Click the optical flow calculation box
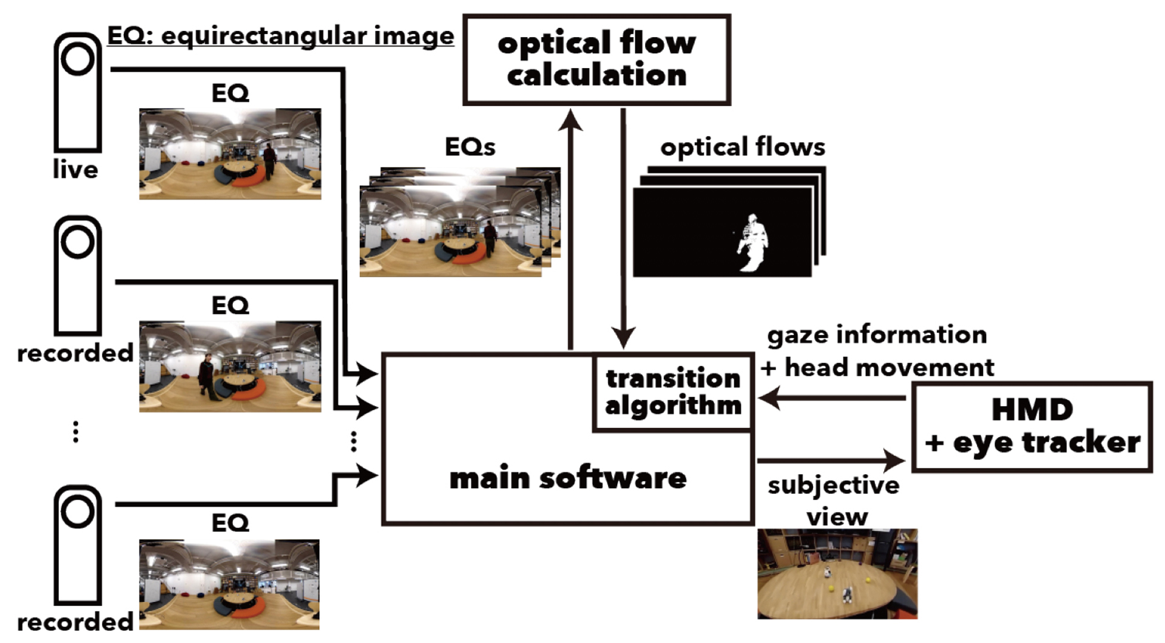coord(596,60)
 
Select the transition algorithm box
coord(673,392)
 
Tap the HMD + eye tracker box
coord(1032,426)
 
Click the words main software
coord(568,478)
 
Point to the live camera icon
coord(78,91)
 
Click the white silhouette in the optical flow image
coord(752,243)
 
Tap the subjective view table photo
coord(837,574)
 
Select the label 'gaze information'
coord(877,335)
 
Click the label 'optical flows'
coord(743,147)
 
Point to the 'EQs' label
coord(470,147)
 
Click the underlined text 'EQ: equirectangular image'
coord(280,36)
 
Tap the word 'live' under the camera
coord(75,169)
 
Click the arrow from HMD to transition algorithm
coord(831,399)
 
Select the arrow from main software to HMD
coord(831,460)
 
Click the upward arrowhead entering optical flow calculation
coord(570,120)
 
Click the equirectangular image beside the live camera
coord(230,154)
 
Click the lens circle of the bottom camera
coord(78,511)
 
